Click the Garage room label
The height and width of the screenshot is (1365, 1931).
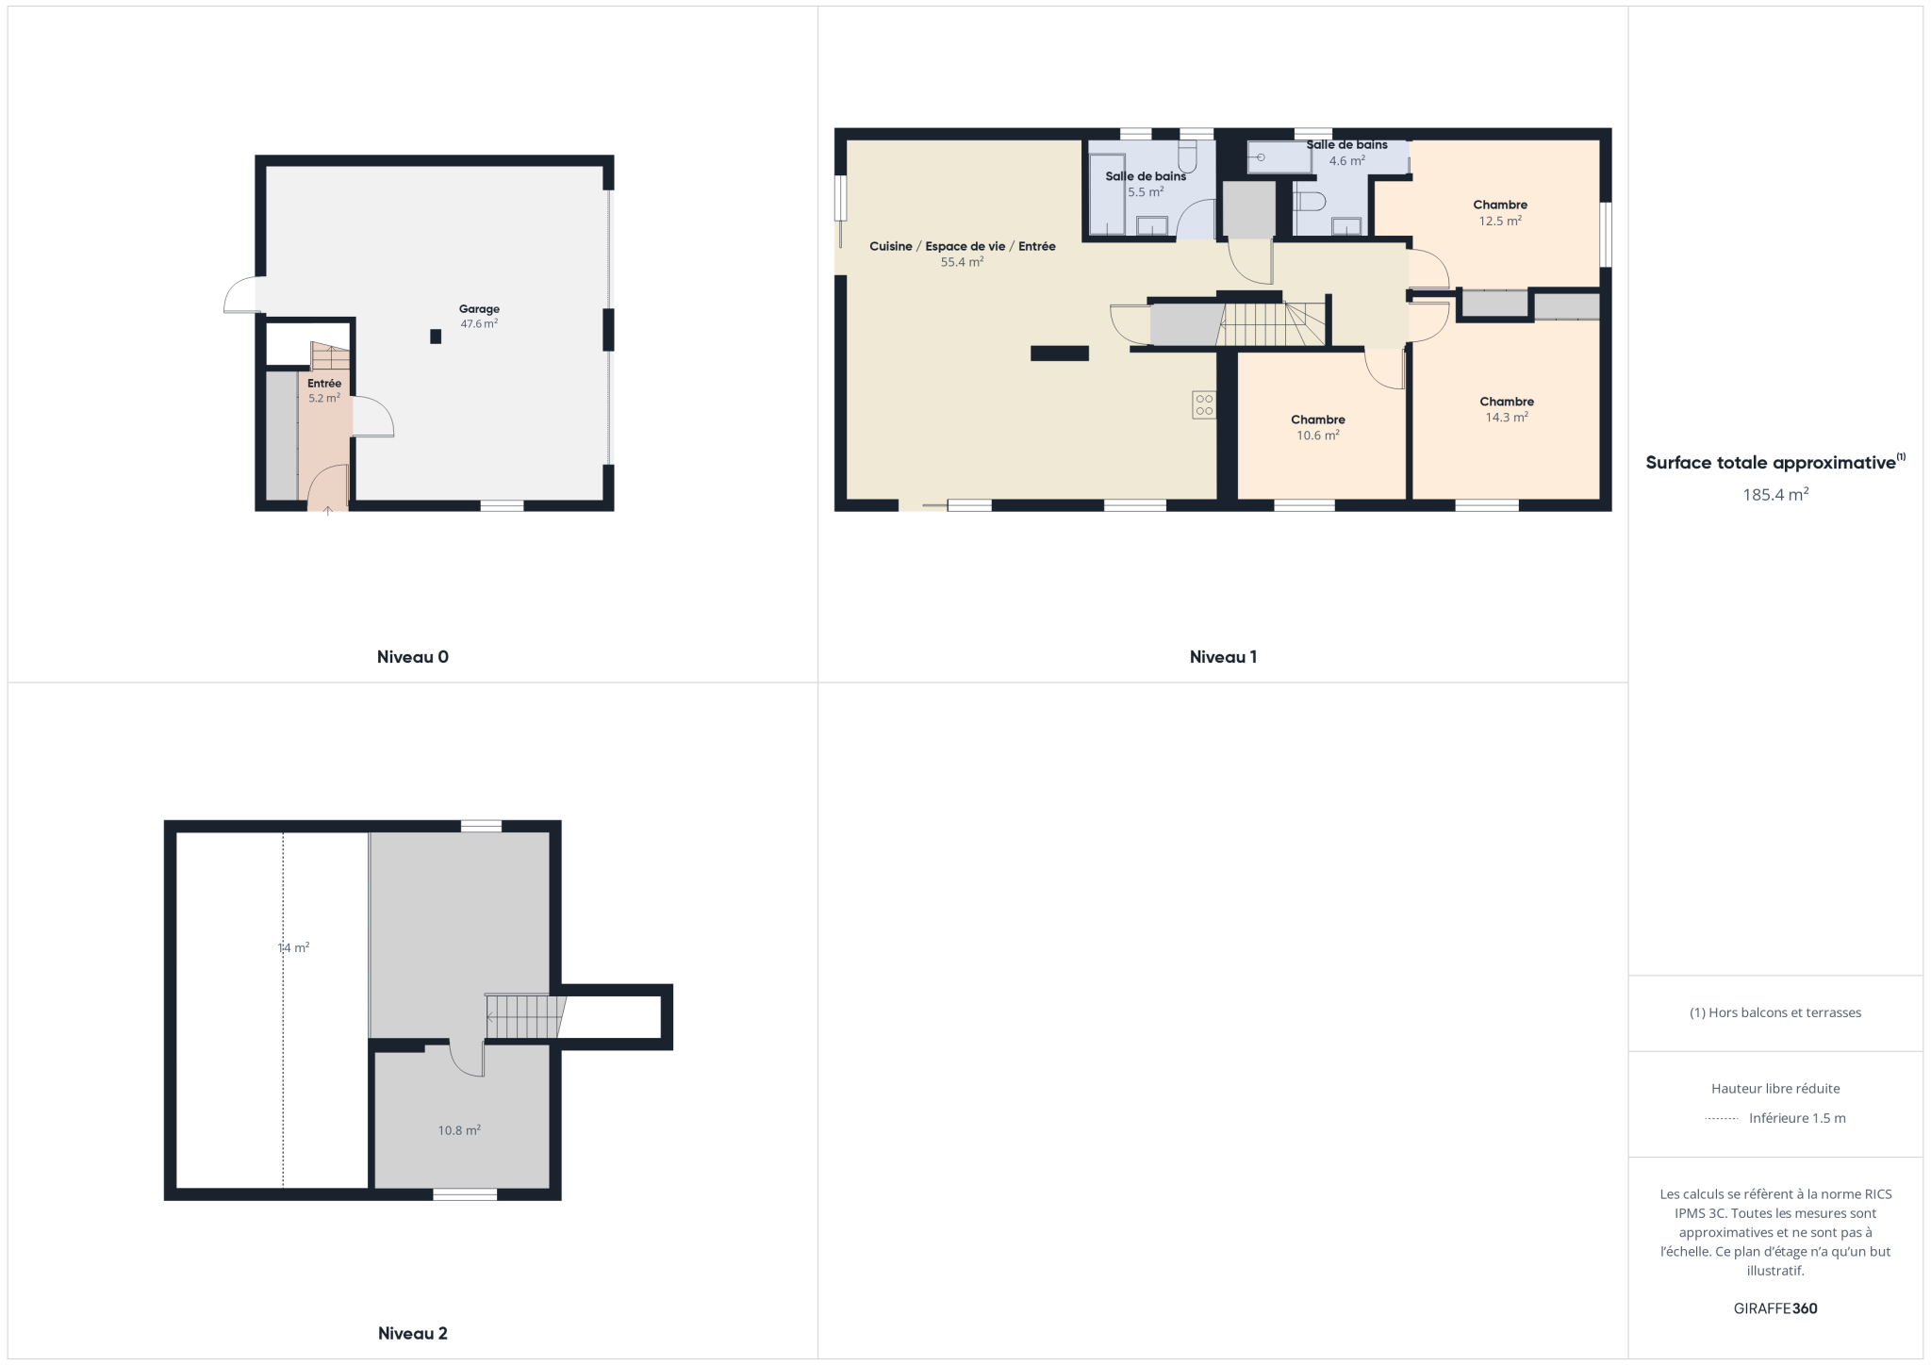(479, 309)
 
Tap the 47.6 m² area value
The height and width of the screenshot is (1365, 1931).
(479, 323)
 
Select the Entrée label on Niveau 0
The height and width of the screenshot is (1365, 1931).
(324, 384)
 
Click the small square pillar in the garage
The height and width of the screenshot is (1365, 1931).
(436, 337)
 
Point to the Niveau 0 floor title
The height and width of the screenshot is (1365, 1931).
(413, 657)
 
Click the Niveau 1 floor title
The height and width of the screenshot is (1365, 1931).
(1223, 657)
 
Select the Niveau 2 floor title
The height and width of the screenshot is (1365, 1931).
(413, 1333)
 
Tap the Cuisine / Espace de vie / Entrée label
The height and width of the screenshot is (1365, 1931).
(963, 246)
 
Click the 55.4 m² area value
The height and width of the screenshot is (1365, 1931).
(962, 262)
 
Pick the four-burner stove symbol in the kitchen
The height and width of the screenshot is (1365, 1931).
(1204, 405)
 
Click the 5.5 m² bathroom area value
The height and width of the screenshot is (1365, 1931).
(1146, 191)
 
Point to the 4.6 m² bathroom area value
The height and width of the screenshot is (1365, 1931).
(1347, 160)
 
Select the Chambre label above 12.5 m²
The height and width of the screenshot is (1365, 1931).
(1500, 205)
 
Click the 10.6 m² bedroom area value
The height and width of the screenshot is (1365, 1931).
(1318, 436)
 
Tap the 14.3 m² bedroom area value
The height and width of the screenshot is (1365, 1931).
(1507, 417)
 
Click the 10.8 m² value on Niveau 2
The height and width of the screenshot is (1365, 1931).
(459, 1130)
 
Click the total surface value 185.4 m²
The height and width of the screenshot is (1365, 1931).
(1775, 494)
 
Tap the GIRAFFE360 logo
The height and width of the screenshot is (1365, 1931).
(1775, 1308)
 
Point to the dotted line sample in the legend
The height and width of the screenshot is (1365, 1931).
(1721, 1119)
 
